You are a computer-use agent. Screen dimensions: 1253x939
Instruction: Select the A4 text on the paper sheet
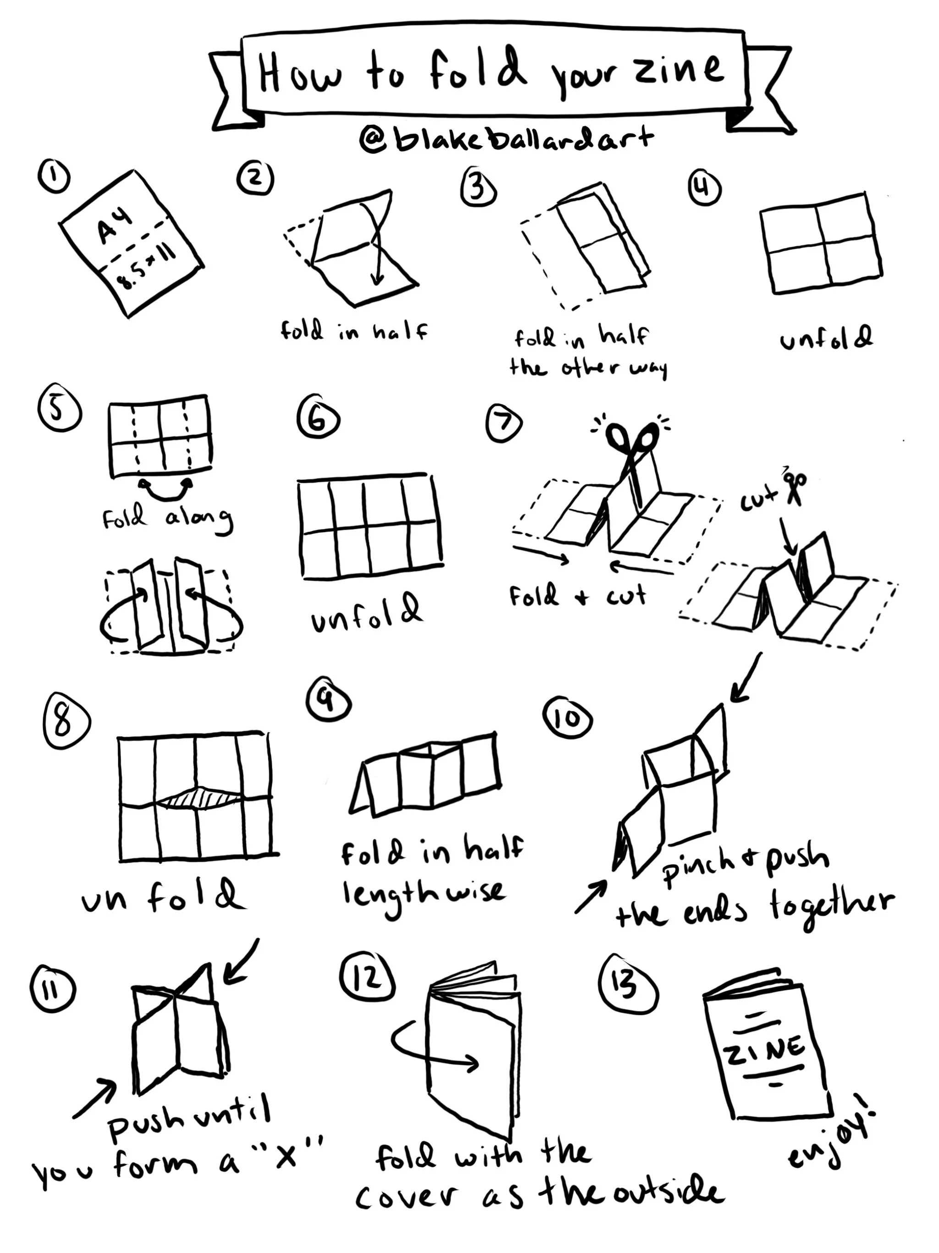[x=116, y=225]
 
